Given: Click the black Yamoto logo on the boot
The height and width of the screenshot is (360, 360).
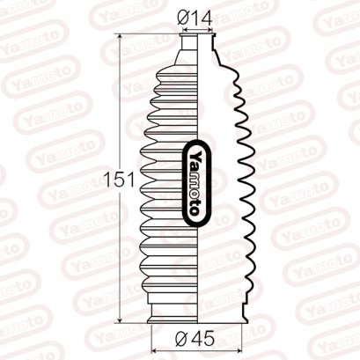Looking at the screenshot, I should (x=195, y=180).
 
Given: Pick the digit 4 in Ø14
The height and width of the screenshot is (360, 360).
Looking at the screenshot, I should (x=209, y=17).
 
